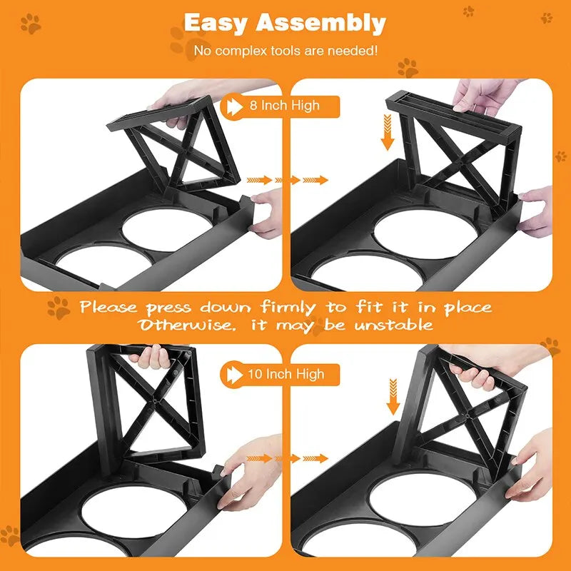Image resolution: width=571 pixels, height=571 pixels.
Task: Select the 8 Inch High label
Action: [284, 106]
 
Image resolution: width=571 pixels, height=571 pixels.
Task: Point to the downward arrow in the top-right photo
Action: [388, 136]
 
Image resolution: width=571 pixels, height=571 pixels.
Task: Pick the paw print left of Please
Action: [59, 308]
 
